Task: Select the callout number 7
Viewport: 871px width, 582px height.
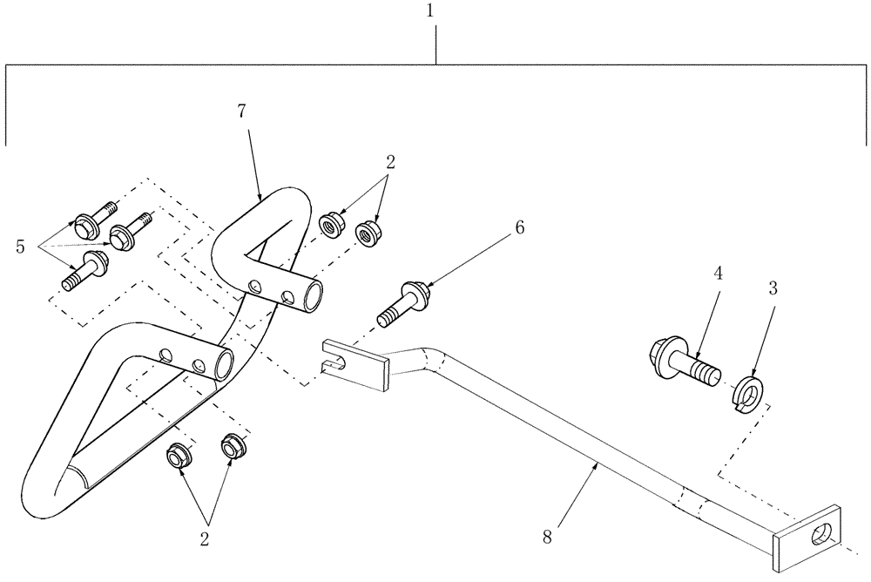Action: click(x=241, y=111)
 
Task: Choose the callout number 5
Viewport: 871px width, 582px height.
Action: click(x=20, y=247)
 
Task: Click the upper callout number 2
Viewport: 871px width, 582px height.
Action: click(x=391, y=162)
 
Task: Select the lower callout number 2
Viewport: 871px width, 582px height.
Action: click(x=205, y=539)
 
